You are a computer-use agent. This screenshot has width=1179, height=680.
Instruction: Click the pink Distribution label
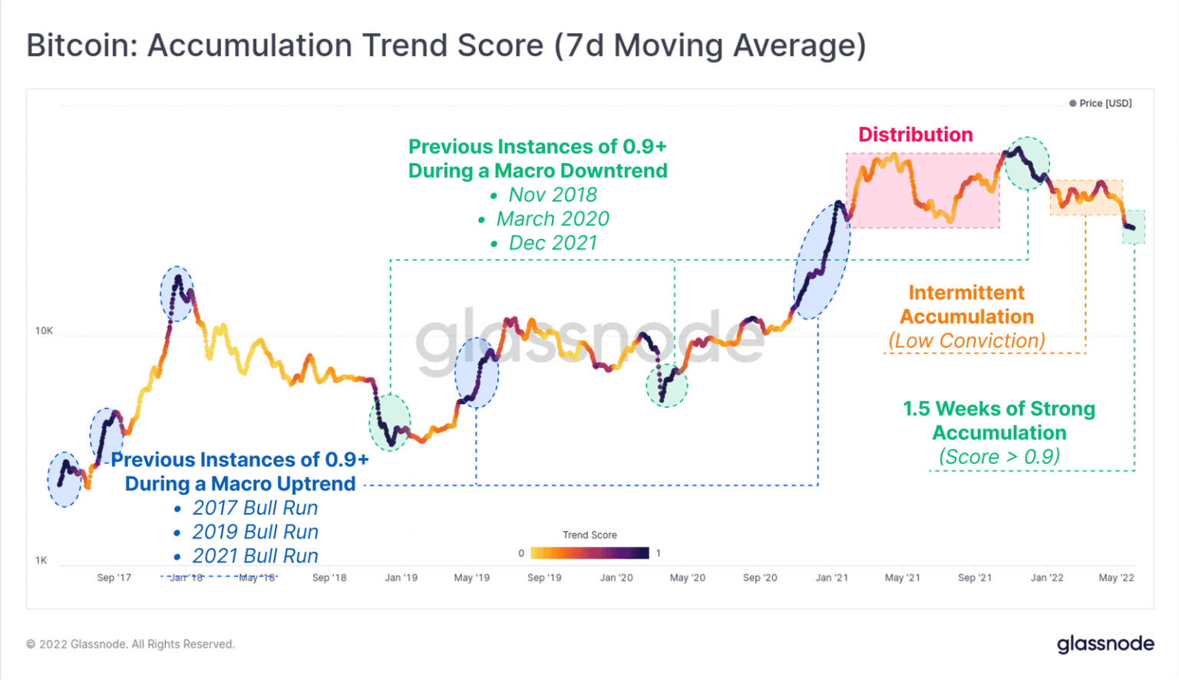coord(915,134)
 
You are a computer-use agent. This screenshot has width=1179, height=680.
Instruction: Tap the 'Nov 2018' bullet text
coord(553,195)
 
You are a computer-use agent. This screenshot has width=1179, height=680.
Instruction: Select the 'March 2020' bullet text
coord(553,219)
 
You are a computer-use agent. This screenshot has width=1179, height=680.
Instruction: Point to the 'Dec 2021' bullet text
coord(553,243)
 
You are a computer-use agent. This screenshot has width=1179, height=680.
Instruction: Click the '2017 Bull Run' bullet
coord(255,508)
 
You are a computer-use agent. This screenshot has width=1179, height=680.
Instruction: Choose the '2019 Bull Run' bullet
coord(255,532)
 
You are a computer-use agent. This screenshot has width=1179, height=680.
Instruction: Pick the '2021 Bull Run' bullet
coord(255,556)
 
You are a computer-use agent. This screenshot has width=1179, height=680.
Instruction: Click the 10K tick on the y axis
coord(44,331)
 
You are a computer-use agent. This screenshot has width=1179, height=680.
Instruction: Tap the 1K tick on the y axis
coord(41,560)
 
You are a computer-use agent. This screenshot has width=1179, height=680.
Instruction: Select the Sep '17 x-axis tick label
coord(114,578)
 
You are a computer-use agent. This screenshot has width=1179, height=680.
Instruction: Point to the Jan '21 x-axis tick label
coord(831,578)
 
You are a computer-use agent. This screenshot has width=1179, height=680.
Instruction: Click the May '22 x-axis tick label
coord(1115,578)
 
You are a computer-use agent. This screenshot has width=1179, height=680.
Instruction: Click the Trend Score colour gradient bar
coord(589,553)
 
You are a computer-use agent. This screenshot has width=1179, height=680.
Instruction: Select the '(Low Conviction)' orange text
coord(966,340)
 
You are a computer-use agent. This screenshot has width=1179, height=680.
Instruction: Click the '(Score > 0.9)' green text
coord(999,456)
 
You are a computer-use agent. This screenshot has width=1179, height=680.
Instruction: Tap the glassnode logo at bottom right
coord(1105,644)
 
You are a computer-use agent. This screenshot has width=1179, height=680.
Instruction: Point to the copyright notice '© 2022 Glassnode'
coord(130,644)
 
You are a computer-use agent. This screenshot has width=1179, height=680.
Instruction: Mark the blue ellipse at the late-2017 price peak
coord(177,294)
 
